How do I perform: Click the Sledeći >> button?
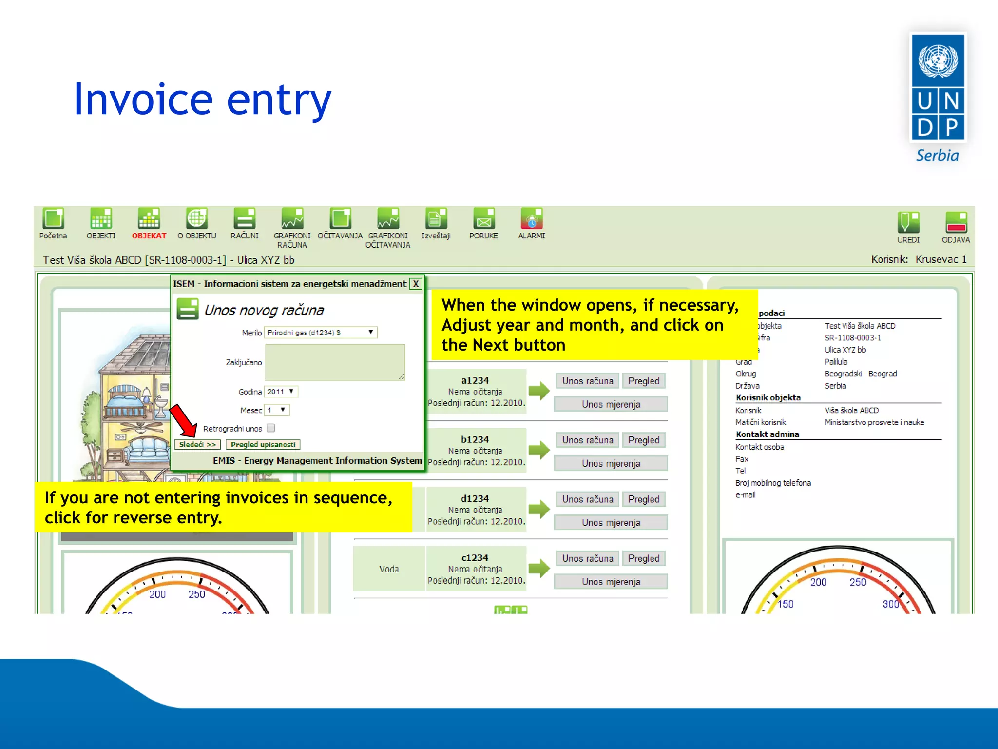[197, 445]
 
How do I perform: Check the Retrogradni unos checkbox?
[271, 428]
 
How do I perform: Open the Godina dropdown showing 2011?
[281, 392]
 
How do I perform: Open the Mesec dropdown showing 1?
[276, 410]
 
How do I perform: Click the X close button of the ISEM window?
[416, 284]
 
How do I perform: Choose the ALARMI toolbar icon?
[532, 219]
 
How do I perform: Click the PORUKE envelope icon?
[483, 219]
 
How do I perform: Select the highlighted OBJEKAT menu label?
[149, 236]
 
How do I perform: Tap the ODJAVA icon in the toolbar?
[956, 222]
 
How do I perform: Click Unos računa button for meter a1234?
[587, 381]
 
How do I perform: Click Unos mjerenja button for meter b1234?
[611, 463]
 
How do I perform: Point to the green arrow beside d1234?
[539, 509]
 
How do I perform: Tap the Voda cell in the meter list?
[389, 569]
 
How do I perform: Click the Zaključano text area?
[335, 362]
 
